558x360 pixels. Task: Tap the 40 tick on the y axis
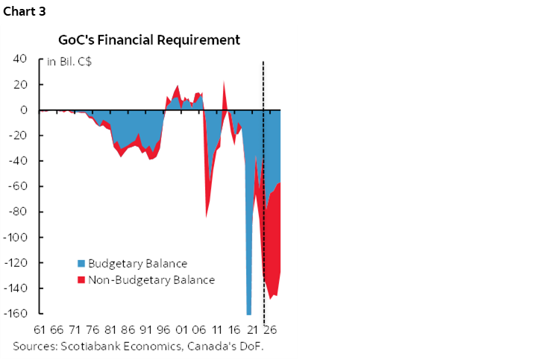(22, 60)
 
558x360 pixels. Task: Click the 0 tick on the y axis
(25, 110)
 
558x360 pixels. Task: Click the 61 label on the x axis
(40, 329)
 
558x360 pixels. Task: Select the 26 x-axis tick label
(272, 329)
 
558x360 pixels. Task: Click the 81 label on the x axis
(111, 329)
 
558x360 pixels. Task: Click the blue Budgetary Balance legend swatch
(82, 264)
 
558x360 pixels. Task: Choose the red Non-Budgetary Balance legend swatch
(82, 280)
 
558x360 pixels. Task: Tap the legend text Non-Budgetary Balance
(151, 280)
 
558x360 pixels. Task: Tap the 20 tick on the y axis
(22, 85)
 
